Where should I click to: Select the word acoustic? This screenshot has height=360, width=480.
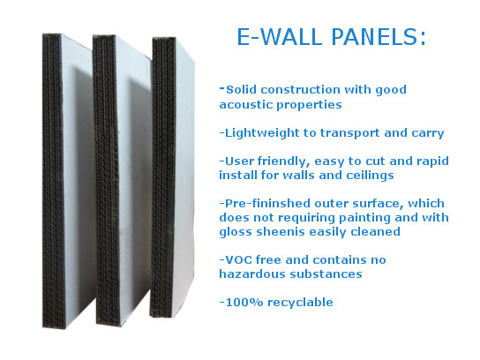point(245,105)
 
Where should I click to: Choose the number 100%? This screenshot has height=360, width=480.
point(244,303)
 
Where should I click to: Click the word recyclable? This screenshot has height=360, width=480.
point(300,303)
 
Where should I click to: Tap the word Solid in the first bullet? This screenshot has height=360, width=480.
point(241,90)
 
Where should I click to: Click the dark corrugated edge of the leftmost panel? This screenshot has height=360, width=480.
point(54,181)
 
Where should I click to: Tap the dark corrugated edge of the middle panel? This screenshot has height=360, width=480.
point(106,181)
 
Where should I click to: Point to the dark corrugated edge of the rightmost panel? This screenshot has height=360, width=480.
point(163,177)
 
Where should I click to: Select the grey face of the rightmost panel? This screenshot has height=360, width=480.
point(184,177)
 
